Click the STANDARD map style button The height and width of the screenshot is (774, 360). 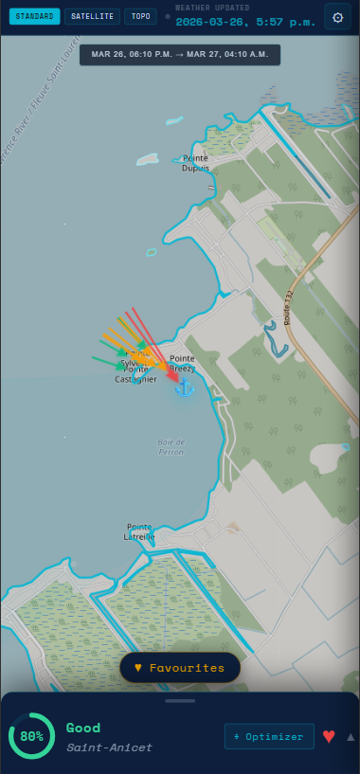coord(35,16)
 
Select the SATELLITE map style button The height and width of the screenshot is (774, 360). coord(92,16)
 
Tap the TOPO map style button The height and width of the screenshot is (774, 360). coord(140,16)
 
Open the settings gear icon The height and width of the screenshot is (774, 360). coord(337,16)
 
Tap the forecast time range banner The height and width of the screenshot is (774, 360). coord(180,55)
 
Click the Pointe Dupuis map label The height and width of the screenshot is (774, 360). coord(196,163)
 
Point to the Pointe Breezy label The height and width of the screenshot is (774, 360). coord(183,363)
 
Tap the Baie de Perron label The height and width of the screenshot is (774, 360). coord(171,447)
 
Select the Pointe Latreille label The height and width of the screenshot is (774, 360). coord(139,531)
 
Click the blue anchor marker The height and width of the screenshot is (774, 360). coord(185,387)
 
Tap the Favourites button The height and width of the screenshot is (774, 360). coord(180,668)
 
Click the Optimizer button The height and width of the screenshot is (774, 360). coord(269,736)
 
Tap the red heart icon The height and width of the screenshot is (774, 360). coord(329,736)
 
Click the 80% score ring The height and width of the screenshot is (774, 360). coord(31,736)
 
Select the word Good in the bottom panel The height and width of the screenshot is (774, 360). coord(83,728)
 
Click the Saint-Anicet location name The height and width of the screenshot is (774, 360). coord(109,747)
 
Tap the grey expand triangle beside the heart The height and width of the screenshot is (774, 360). coord(351,736)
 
